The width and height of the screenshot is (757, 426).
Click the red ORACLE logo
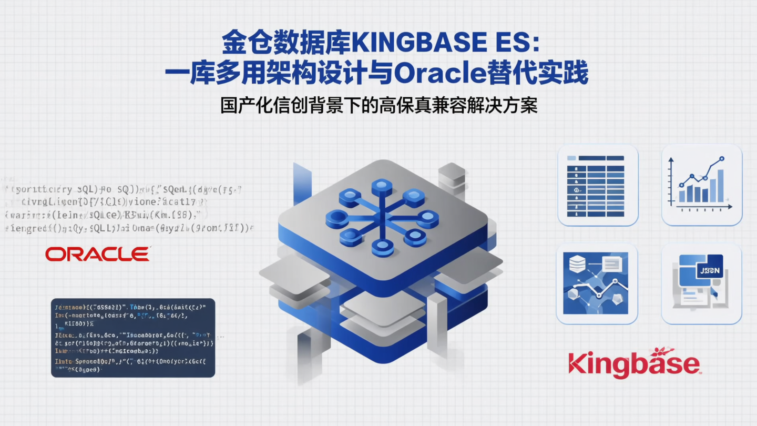click(x=97, y=255)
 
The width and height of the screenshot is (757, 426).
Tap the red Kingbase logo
click(x=634, y=363)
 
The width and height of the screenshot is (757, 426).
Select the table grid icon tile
click(x=598, y=185)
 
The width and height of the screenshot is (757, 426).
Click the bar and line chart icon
click(x=701, y=185)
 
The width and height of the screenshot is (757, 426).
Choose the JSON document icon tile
click(x=701, y=283)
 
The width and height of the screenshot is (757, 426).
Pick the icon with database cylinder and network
click(x=596, y=283)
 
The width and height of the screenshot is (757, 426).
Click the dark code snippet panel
click(x=133, y=338)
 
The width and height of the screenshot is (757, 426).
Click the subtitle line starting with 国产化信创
click(x=378, y=106)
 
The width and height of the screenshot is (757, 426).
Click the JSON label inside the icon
click(x=708, y=271)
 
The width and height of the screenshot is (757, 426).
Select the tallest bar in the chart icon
click(x=720, y=186)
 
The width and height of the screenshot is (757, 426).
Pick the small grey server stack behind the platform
click(x=452, y=175)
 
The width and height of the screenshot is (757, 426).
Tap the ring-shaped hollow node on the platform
click(x=337, y=218)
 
